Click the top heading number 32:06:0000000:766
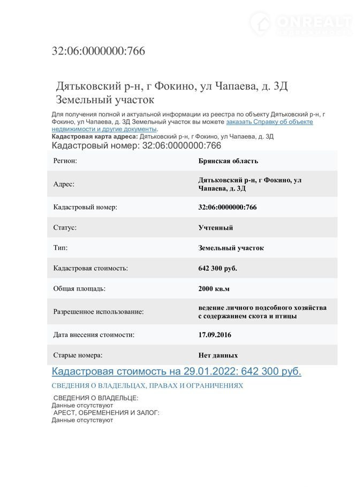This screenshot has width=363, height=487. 98,51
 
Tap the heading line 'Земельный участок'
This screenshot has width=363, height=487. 105,100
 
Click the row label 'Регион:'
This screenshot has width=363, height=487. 65,161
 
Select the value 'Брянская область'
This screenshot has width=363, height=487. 228,161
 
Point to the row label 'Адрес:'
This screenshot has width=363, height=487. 64,184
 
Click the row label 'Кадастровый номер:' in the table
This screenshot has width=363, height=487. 85,207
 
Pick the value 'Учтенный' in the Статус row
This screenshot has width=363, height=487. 216,227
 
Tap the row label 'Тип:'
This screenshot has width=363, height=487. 61,248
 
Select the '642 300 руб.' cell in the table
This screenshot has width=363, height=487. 217,268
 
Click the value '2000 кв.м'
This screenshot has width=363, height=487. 214,288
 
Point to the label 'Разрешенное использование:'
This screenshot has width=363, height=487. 99,311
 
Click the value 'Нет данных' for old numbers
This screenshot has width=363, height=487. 218,355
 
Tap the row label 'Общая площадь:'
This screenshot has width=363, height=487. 79,288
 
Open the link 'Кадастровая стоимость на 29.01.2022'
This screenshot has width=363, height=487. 176,371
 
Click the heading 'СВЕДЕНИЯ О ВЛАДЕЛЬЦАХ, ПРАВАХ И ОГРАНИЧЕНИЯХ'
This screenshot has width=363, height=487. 147,385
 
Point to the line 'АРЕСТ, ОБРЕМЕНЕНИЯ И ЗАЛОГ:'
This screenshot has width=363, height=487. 106,413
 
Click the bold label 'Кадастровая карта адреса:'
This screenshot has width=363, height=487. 94,136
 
